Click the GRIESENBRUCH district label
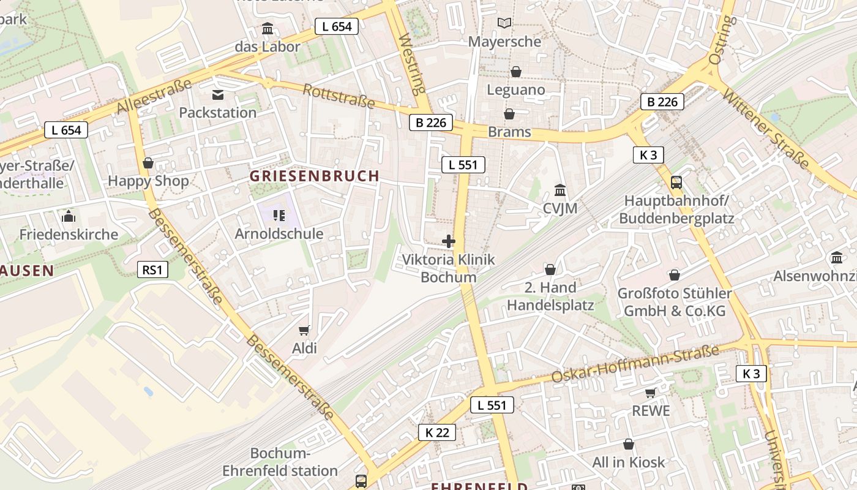(315, 176)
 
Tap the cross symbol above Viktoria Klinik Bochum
(449, 241)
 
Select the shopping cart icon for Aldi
(304, 331)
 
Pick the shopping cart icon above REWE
(650, 393)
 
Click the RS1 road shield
(152, 269)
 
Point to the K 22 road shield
(438, 432)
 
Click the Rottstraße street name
(339, 96)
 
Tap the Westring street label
(411, 64)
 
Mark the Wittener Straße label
(765, 129)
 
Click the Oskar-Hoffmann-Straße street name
(635, 364)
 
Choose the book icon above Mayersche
(504, 23)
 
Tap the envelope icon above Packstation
(218, 95)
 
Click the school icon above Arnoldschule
(279, 215)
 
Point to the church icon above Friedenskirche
(69, 216)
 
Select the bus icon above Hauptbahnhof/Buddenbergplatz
(676, 182)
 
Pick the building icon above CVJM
(559, 190)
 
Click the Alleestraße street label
(154, 96)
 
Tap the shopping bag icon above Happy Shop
(148, 163)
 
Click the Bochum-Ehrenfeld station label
(280, 462)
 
